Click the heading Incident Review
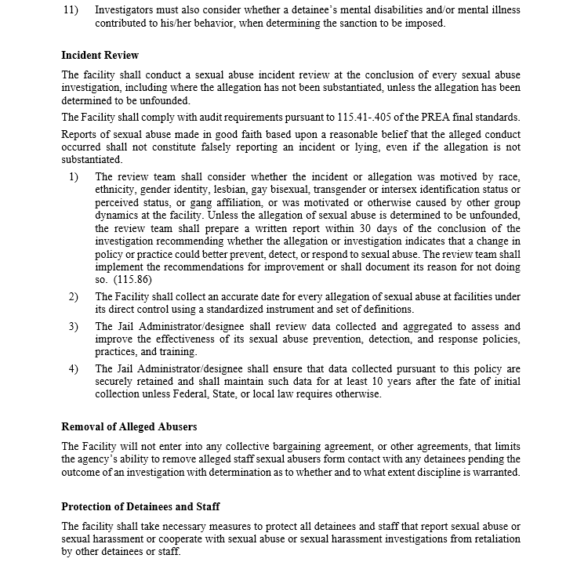[100, 56]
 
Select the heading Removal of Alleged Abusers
[129, 427]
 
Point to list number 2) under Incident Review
[74, 296]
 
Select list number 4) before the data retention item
[74, 368]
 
